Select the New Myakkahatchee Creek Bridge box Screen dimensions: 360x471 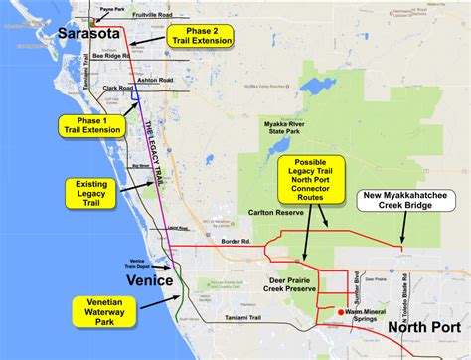tap(408, 199)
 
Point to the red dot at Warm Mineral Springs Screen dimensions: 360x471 tap(341, 312)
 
